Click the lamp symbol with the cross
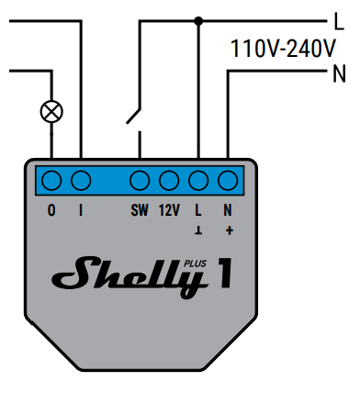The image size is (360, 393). pos(51,111)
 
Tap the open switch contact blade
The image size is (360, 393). pos(133,117)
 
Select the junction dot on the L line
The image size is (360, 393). pos(198,21)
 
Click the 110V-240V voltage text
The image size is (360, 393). pos(283,49)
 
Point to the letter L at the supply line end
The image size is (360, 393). pos(339,21)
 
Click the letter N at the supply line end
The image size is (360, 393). pos(339,73)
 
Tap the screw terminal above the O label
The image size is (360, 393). pos(51,181)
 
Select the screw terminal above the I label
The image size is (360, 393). pos(81,181)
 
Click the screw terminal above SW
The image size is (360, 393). pos(140,181)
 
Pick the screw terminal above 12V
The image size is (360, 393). pos(169,181)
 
